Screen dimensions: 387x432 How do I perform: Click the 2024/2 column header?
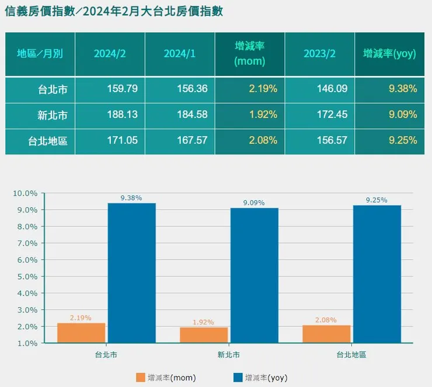[110, 54]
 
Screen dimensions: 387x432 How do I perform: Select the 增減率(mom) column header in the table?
[249, 54]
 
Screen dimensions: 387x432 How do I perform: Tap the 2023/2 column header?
[319, 54]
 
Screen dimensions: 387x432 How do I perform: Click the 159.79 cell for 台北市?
[123, 89]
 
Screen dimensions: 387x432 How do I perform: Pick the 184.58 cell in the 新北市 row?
[192, 114]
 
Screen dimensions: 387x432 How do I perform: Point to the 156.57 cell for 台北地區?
[333, 141]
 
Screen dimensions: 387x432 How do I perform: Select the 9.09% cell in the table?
[403, 114]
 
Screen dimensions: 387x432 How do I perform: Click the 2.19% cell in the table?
[263, 89]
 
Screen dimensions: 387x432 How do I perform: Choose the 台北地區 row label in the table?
[47, 141]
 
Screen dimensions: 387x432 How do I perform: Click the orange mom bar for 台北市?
[81, 333]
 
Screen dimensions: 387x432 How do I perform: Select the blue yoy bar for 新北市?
[254, 275]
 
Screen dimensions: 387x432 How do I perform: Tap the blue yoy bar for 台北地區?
[377, 274]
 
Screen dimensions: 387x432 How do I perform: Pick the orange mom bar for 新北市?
[204, 335]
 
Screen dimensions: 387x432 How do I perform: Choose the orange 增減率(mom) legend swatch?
[140, 378]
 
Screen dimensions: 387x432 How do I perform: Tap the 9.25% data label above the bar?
[377, 200]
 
